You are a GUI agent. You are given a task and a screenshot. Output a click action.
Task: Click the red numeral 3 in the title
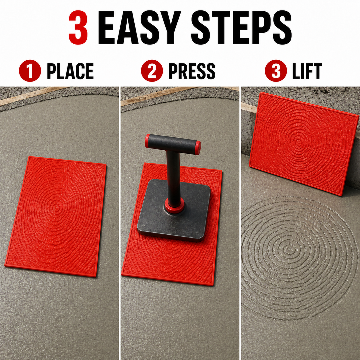pyautogui.click(x=78, y=27)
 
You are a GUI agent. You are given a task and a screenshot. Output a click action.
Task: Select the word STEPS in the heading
pyautogui.click(x=241, y=27)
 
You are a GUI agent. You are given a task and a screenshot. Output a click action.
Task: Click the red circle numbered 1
pyautogui.click(x=30, y=71)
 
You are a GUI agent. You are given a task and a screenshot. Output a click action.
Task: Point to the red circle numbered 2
pyautogui.click(x=152, y=71)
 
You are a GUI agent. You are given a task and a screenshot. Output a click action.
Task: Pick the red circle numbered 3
pyautogui.click(x=276, y=71)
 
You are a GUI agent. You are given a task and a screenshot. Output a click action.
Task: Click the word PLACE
pyautogui.click(x=70, y=71)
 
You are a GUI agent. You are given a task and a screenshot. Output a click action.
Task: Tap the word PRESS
pyautogui.click(x=192, y=71)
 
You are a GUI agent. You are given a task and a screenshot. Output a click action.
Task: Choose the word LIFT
pyautogui.click(x=307, y=71)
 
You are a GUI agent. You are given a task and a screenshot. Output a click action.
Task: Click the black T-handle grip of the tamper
pyautogui.click(x=173, y=144)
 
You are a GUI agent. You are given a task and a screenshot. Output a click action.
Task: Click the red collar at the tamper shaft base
pyautogui.click(x=174, y=205)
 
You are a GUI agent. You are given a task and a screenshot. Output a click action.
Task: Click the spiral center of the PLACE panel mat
pyautogui.click(x=56, y=207)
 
